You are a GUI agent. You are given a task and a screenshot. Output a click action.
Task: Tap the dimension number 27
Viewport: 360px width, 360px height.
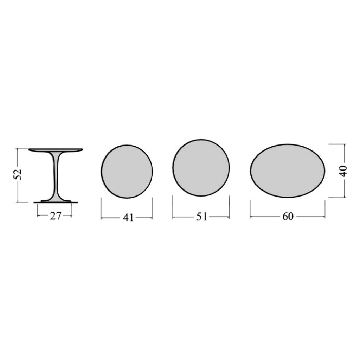pyautogui.click(x=56, y=216)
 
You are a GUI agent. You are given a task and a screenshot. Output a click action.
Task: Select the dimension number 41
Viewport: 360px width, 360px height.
pyautogui.click(x=128, y=218)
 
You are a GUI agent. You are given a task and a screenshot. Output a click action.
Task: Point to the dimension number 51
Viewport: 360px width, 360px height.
pyautogui.click(x=201, y=217)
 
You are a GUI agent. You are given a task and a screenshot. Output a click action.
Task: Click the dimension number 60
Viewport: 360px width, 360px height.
pyautogui.click(x=288, y=216)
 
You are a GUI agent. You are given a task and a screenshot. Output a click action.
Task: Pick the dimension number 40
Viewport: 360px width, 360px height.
pyautogui.click(x=343, y=171)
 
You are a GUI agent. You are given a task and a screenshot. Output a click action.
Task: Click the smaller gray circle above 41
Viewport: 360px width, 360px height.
pyautogui.click(x=127, y=172)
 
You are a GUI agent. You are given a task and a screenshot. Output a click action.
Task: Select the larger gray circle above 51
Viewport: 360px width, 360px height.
pyautogui.click(x=201, y=167)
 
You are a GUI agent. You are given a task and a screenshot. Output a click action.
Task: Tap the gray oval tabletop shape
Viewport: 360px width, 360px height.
pyautogui.click(x=288, y=171)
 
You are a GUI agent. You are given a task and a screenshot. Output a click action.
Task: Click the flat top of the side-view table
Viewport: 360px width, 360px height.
pyautogui.click(x=56, y=150)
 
